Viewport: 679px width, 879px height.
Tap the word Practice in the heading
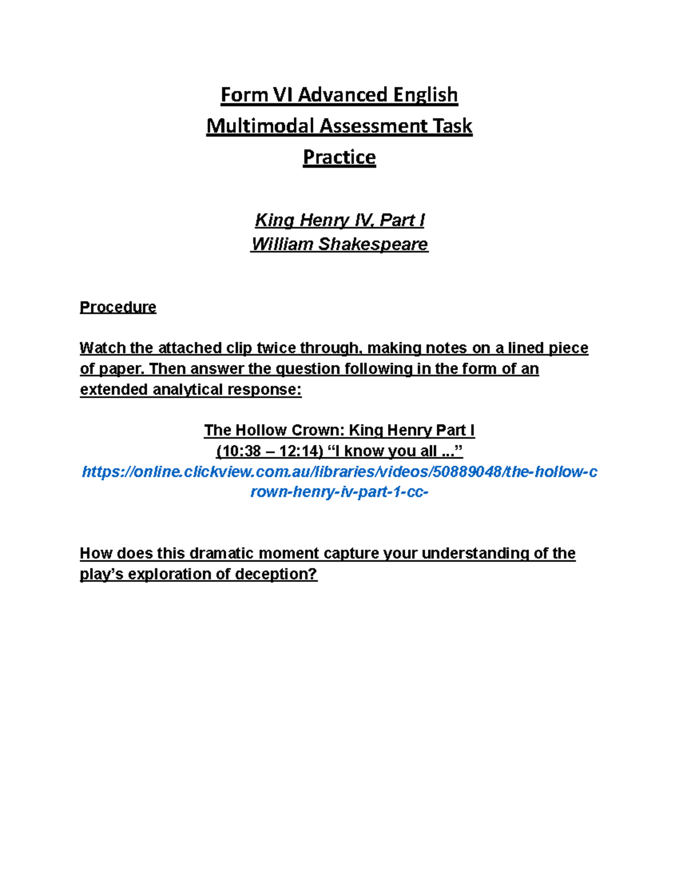(339, 157)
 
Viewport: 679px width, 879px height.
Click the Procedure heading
(118, 307)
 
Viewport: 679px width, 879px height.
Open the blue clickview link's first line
(339, 471)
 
